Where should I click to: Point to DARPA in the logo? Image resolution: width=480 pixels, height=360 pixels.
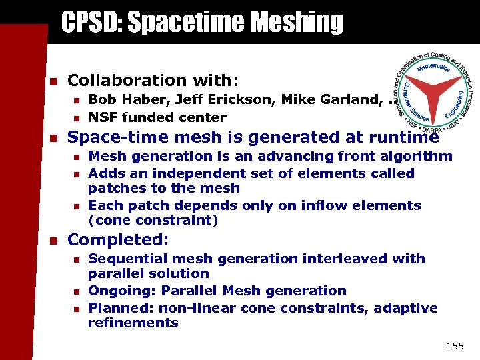430,125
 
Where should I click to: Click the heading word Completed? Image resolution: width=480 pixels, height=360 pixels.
119,239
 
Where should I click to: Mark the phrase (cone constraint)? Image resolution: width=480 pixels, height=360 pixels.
153,220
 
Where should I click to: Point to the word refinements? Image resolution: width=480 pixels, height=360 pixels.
133,323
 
